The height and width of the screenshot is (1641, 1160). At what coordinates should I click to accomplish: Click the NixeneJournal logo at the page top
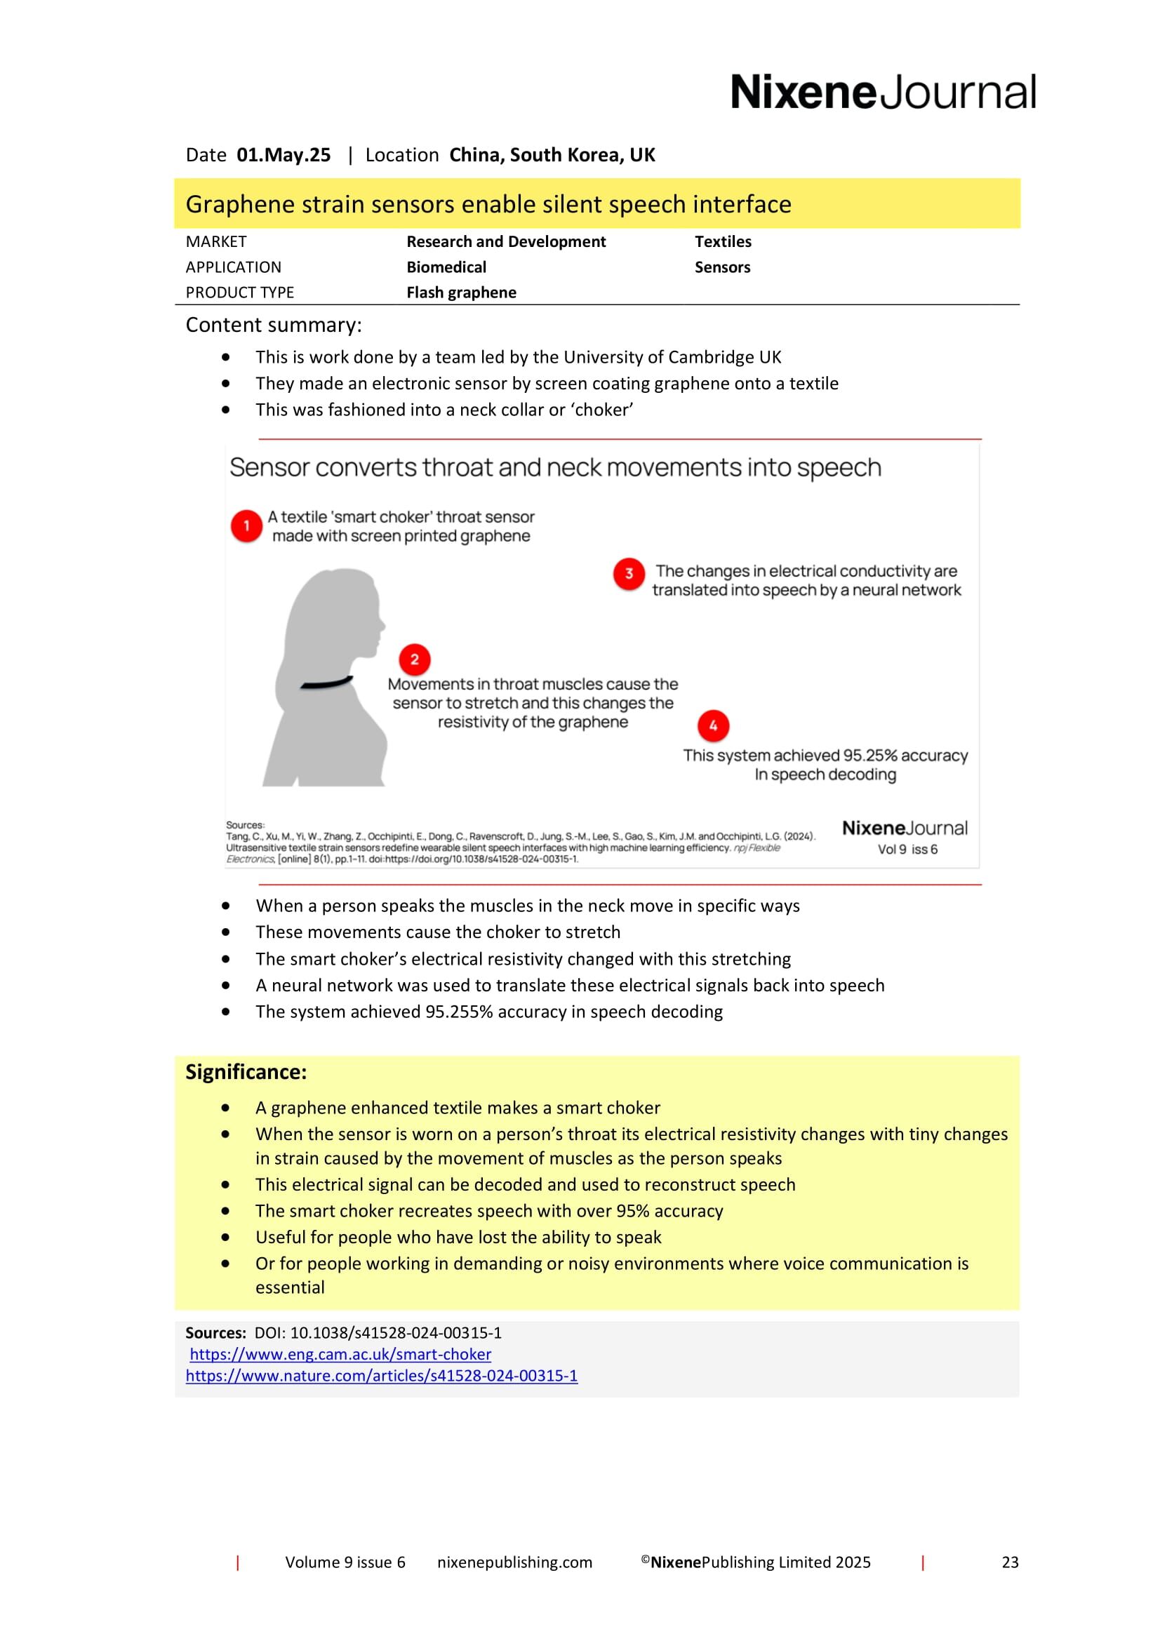882,92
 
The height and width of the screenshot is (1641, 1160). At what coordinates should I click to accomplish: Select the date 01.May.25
283,155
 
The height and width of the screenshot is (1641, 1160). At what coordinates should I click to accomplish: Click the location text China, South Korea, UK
552,155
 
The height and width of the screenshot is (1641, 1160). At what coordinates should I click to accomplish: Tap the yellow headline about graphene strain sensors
488,204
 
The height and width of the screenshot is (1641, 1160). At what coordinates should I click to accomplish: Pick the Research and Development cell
505,241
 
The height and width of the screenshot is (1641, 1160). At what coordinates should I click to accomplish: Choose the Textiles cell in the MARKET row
723,241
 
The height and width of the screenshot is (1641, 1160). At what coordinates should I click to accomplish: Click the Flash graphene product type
461,293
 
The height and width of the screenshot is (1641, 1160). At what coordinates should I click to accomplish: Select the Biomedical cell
446,267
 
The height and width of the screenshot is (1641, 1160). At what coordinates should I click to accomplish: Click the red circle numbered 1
246,526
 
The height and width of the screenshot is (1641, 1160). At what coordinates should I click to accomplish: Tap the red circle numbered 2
415,659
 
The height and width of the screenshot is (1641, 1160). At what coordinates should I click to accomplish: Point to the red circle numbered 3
629,573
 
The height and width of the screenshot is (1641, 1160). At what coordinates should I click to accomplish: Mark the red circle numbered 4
712,725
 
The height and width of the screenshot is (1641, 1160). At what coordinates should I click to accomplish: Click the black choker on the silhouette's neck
326,683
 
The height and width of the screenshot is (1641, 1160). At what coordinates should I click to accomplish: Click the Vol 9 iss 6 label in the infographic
907,850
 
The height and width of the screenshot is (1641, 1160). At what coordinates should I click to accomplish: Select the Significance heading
246,1072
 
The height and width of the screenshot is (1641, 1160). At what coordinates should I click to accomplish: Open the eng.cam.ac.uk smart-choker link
340,1353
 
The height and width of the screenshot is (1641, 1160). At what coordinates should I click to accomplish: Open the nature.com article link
382,1375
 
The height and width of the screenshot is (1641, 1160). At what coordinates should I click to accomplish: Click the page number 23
1009,1562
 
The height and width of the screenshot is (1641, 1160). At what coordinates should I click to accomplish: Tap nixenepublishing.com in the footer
514,1562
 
